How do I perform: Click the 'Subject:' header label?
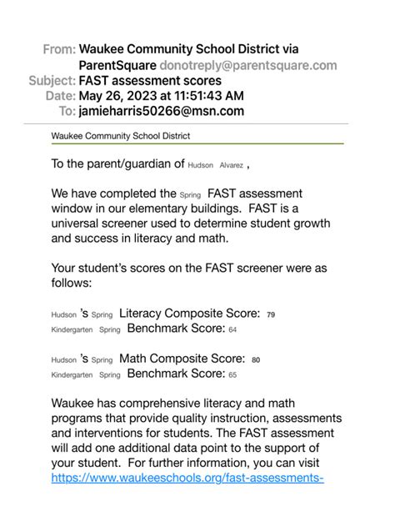(52, 81)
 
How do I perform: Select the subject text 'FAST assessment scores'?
(150, 81)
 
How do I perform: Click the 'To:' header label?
(66, 111)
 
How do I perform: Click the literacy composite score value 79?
(270, 315)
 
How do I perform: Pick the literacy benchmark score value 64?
(232, 330)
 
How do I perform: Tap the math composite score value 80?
(256, 360)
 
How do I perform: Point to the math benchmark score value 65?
(232, 375)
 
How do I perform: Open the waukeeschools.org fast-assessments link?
(187, 479)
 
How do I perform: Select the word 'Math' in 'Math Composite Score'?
(135, 359)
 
